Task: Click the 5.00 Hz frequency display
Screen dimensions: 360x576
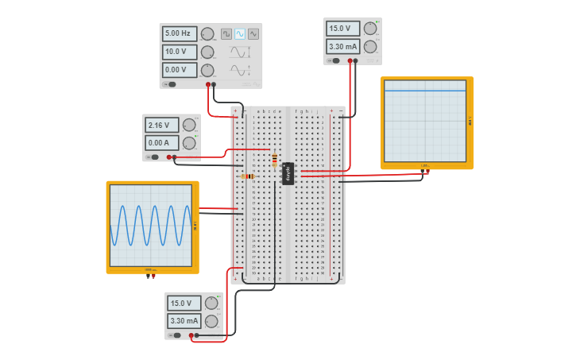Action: pos(179,34)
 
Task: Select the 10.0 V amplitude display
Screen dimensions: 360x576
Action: pos(179,52)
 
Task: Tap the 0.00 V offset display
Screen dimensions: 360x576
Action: pos(179,70)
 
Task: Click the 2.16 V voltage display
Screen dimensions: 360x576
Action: pos(161,126)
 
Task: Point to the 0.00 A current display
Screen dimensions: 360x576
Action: pos(161,143)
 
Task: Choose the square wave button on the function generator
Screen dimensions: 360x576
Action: pos(226,34)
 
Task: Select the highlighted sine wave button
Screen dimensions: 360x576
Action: pos(240,34)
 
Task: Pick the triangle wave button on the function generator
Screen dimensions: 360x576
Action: pos(253,34)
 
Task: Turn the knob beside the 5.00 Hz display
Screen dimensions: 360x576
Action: pos(207,34)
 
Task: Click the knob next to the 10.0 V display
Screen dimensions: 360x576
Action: pos(207,52)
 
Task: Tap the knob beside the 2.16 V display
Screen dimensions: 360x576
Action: pos(189,126)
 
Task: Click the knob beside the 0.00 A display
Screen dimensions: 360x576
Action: pos(189,143)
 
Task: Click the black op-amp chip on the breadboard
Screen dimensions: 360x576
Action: pos(288,173)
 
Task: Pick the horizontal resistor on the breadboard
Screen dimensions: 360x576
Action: pos(247,176)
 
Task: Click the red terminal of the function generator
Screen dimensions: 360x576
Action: pos(208,84)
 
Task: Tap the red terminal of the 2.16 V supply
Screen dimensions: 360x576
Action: pos(169,157)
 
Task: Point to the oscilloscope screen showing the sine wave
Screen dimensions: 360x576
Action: pos(151,226)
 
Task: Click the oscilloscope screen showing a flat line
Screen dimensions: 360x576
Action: pos(425,121)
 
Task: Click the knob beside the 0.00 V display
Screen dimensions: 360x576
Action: pos(207,70)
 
